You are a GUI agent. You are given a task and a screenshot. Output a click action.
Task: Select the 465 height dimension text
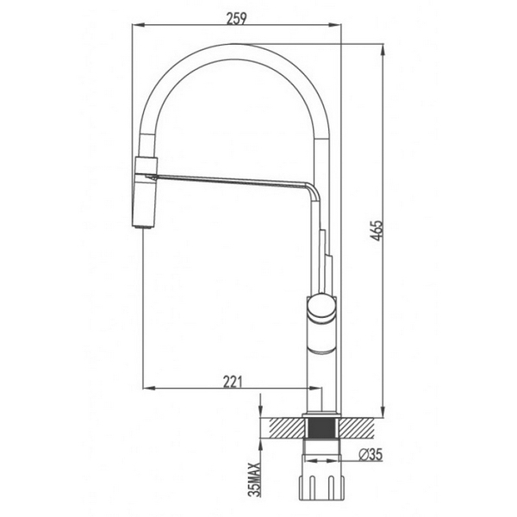click(377, 230)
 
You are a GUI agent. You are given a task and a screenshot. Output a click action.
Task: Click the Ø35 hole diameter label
click(369, 455)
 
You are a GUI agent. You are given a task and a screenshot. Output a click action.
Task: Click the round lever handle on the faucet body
click(321, 305)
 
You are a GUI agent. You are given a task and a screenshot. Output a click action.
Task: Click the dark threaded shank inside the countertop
click(321, 427)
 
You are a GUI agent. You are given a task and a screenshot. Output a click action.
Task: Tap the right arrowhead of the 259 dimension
click(339, 26)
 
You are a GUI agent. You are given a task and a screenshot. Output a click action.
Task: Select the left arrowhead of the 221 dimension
click(145, 389)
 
